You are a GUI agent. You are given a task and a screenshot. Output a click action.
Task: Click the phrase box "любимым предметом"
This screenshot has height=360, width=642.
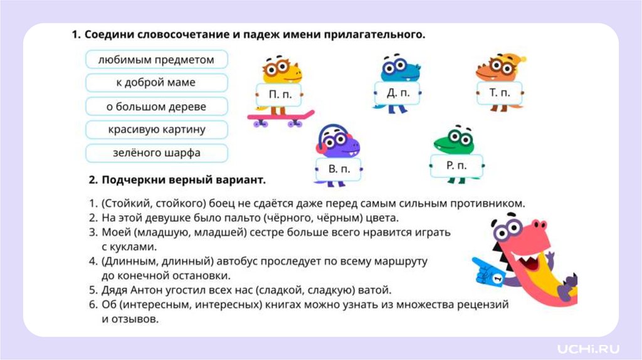tap(156, 60)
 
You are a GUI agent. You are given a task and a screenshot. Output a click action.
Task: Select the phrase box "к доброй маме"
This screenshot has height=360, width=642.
tap(156, 83)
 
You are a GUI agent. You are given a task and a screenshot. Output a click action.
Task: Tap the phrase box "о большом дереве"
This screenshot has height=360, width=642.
tap(156, 107)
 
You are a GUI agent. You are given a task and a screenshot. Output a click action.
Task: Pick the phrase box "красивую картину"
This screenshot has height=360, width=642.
tap(156, 130)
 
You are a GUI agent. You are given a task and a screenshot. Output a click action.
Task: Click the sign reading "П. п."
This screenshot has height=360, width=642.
tap(279, 95)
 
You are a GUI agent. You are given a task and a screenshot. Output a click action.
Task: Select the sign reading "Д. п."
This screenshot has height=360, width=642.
tap(397, 93)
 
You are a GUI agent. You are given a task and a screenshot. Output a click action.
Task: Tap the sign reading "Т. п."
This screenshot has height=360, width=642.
tap(499, 93)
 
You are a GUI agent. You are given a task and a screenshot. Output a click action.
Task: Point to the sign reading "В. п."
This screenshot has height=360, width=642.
tap(338, 169)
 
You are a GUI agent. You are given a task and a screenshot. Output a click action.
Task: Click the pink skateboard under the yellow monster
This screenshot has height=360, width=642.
tap(280, 117)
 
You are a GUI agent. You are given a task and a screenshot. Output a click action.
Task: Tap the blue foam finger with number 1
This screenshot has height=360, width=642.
tap(490, 270)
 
